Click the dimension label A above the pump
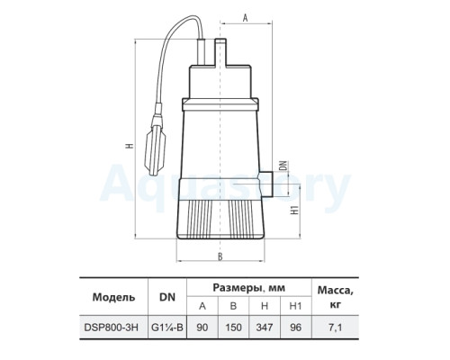[245, 18]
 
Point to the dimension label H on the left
[130, 146]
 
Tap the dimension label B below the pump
[220, 256]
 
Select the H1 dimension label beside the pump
[295, 210]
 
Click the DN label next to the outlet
[283, 166]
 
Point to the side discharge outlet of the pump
[265, 184]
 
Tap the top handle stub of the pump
[220, 52]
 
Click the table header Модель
[113, 297]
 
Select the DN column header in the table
[167, 297]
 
